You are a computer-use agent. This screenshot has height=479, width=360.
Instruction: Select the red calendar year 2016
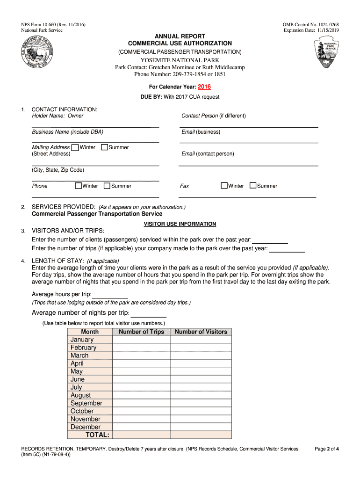[204, 87]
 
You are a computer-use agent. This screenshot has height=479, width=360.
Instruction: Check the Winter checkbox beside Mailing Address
[75, 148]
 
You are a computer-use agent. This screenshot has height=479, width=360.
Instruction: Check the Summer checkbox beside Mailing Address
[104, 148]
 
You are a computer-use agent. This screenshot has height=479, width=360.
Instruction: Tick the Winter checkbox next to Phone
[78, 186]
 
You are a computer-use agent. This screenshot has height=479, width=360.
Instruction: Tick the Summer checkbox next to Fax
[253, 186]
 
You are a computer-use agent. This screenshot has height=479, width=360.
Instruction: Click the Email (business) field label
[201, 132]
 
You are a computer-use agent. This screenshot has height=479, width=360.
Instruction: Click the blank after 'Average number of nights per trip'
[149, 314]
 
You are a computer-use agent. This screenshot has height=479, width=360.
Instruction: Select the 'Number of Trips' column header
[141, 332]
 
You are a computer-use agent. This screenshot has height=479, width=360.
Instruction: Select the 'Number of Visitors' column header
[201, 332]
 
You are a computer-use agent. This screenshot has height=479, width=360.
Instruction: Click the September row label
[86, 403]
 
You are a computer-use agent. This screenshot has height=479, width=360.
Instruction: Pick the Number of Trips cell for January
[141, 340]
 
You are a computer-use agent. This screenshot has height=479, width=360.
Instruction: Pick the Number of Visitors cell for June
[201, 379]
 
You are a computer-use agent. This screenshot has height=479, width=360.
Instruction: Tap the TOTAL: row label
[97, 435]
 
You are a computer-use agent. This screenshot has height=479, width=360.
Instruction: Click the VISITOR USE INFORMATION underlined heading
[180, 224]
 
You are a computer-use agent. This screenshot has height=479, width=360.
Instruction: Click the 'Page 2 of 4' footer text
[326, 449]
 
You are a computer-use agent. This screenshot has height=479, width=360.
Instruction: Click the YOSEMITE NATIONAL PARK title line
[180, 60]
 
